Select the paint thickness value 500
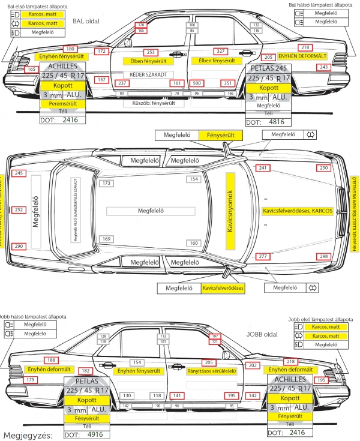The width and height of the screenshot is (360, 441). [195, 83]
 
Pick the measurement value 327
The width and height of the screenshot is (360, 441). [220, 52]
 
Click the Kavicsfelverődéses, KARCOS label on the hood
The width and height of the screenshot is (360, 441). [298, 211]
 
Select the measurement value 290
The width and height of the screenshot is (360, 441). [19, 247]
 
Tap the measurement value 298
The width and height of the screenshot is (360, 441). [324, 257]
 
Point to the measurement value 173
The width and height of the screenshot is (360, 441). [107, 183]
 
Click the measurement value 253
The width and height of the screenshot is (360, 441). [151, 52]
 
